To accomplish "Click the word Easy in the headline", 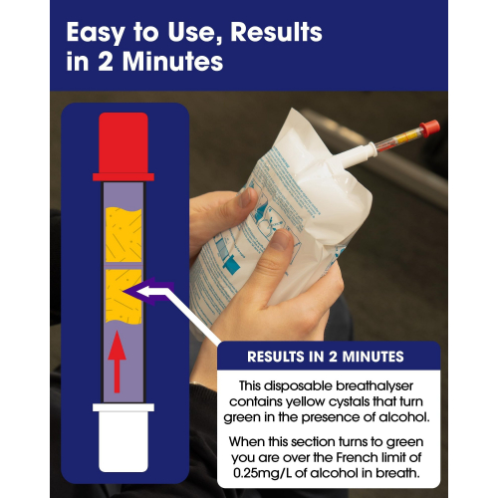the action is [x=96, y=33].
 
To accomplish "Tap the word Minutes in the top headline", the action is [x=172, y=62].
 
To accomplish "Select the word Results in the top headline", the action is [x=276, y=32].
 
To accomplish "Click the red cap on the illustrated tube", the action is [x=124, y=146].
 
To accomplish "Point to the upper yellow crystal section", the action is [x=124, y=235].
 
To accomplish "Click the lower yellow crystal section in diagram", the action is [x=124, y=296].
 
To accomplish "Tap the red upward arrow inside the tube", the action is [x=117, y=362].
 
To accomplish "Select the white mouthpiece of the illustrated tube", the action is [x=124, y=437].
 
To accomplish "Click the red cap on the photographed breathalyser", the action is [x=430, y=128].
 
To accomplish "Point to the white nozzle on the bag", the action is [x=357, y=155].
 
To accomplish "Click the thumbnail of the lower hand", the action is [x=281, y=240].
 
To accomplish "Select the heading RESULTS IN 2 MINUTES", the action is [x=326, y=357].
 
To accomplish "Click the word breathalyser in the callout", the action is [x=374, y=385].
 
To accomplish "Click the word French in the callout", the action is [x=358, y=457].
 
